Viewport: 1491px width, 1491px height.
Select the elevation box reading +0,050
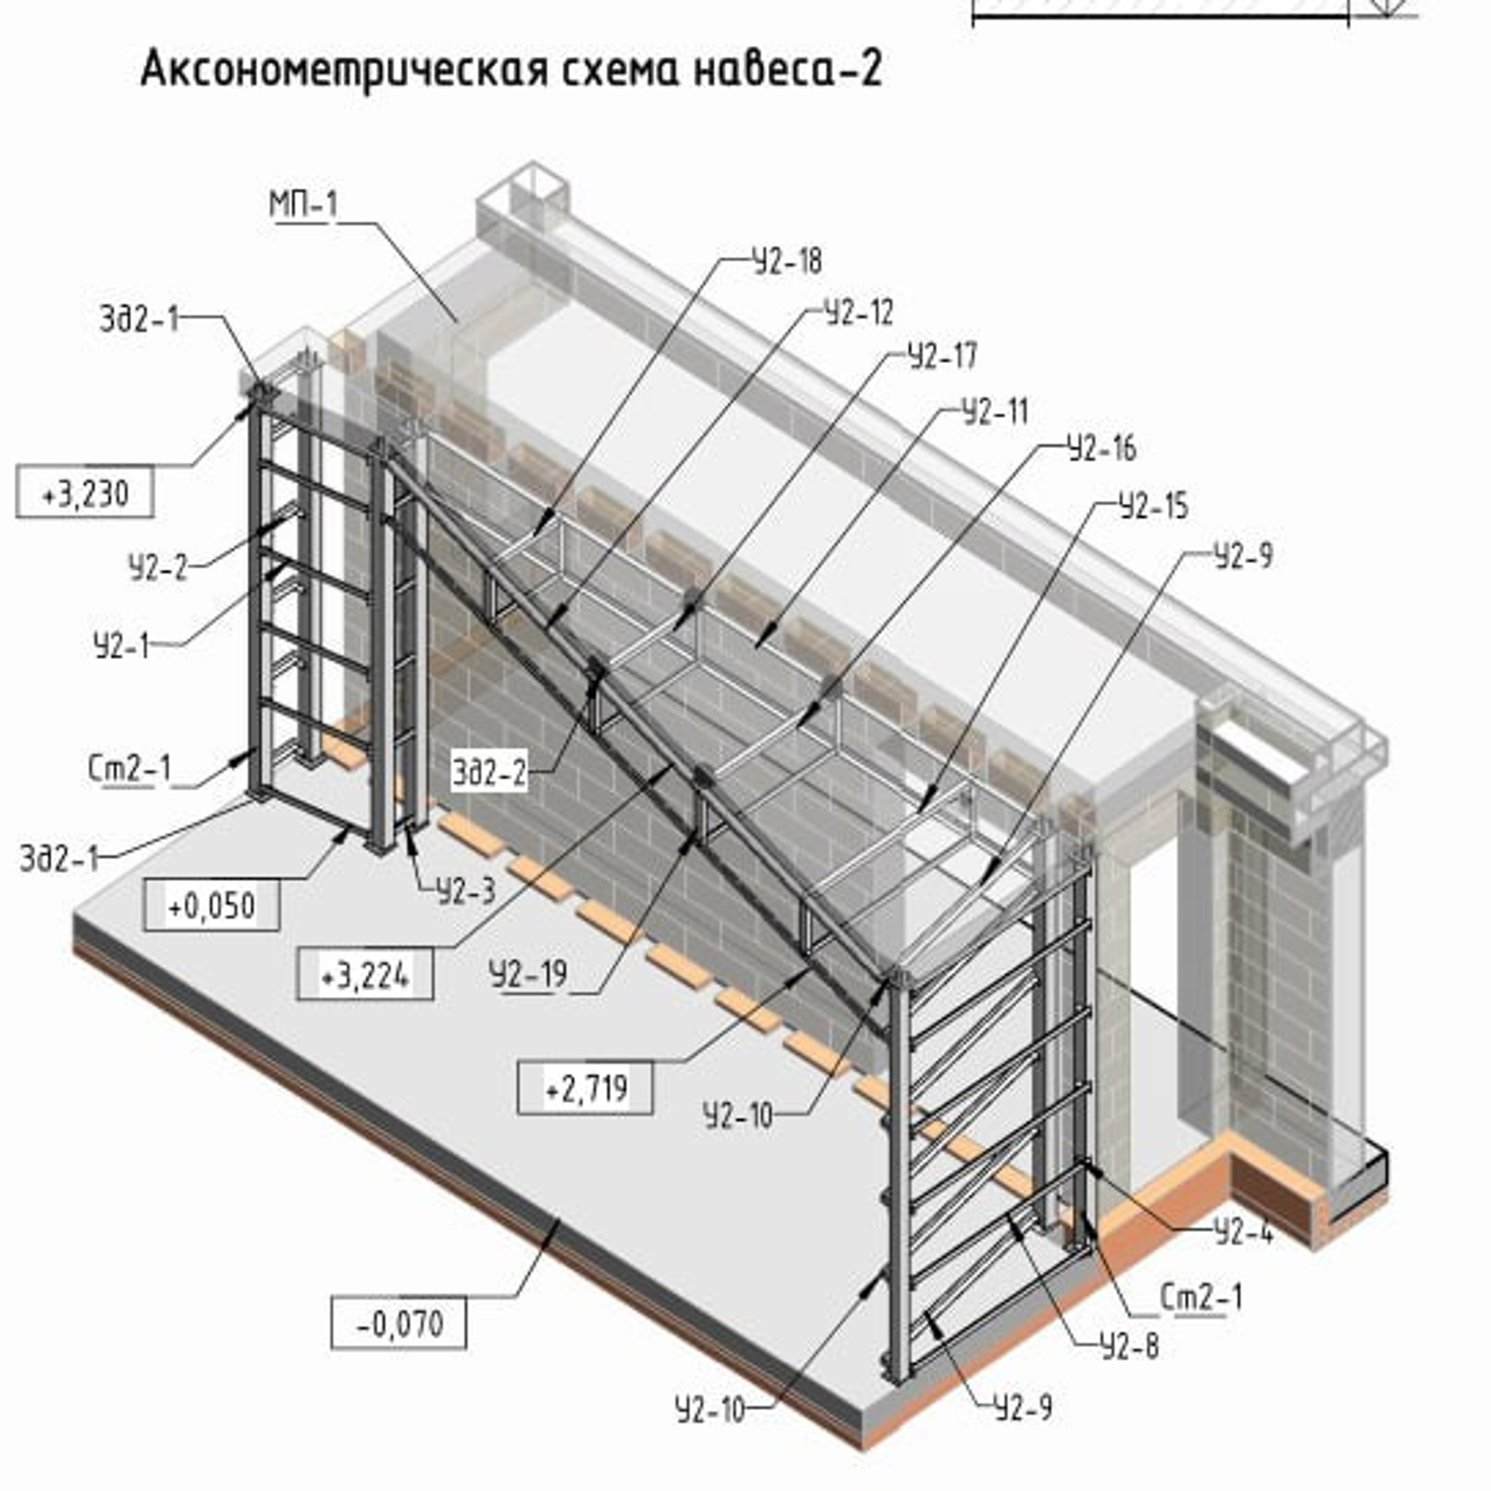211,905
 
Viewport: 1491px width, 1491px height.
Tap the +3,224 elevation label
364,976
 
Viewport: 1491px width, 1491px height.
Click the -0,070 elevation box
399,1323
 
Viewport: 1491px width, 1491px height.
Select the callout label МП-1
303,204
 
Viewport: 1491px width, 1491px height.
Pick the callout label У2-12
859,313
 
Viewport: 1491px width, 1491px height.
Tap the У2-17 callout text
942,356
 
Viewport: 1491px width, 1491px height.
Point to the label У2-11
995,411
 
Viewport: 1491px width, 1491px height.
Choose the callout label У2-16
1101,448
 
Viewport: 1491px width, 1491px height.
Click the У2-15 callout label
1153,507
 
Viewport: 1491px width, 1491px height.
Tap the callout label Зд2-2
489,772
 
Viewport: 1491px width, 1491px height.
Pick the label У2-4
1242,1232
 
